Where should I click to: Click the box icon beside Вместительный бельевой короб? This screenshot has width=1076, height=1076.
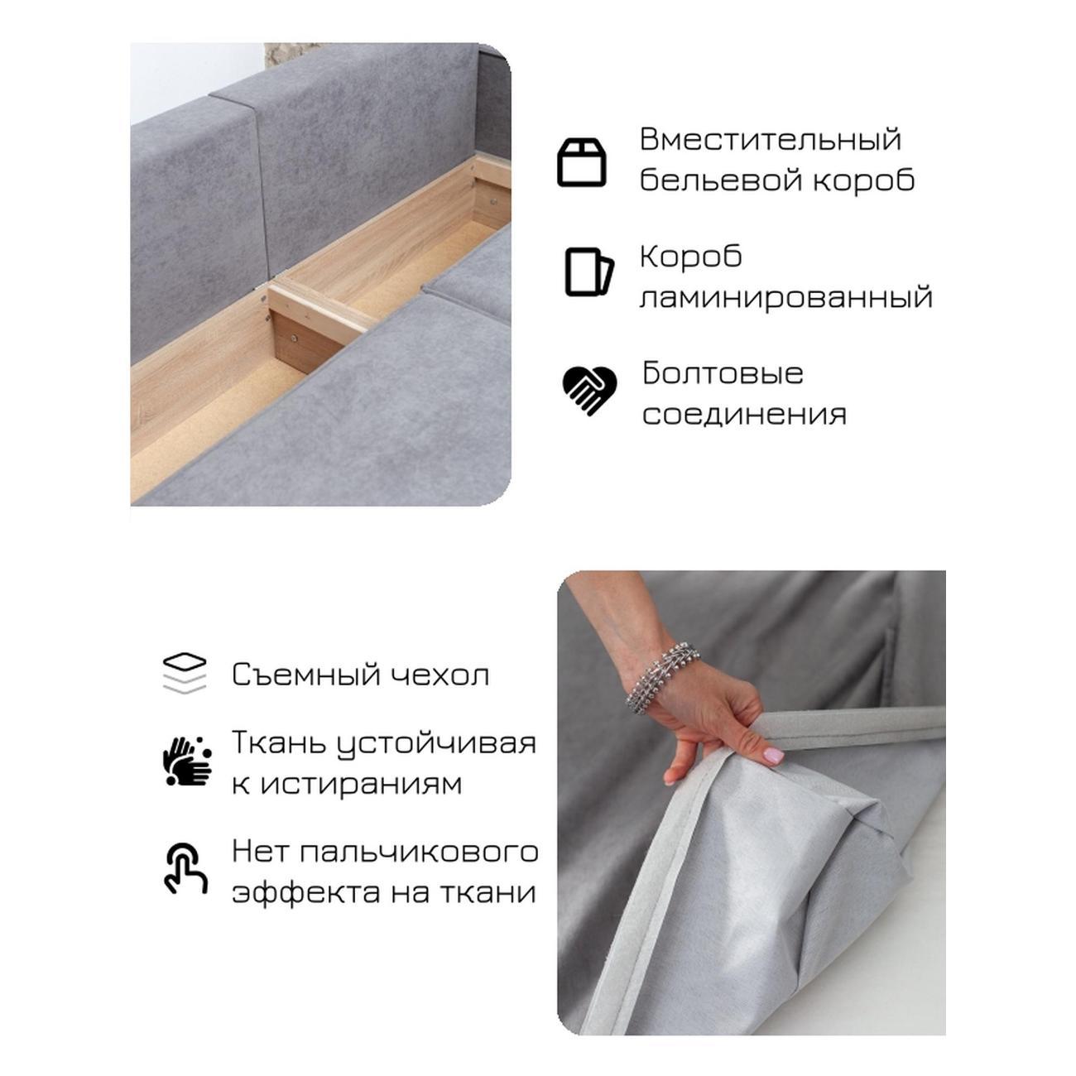tap(581, 162)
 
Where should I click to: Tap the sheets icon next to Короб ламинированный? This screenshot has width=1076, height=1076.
tap(588, 272)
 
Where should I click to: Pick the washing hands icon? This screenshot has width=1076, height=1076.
tap(187, 761)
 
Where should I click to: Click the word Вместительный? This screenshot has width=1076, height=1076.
tap(770, 139)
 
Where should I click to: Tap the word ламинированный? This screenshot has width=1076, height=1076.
tap(785, 297)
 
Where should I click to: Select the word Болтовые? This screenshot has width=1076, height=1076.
tap(723, 373)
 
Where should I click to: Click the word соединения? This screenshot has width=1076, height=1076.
tap(744, 416)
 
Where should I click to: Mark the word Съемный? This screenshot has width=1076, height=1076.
tap(306, 675)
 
